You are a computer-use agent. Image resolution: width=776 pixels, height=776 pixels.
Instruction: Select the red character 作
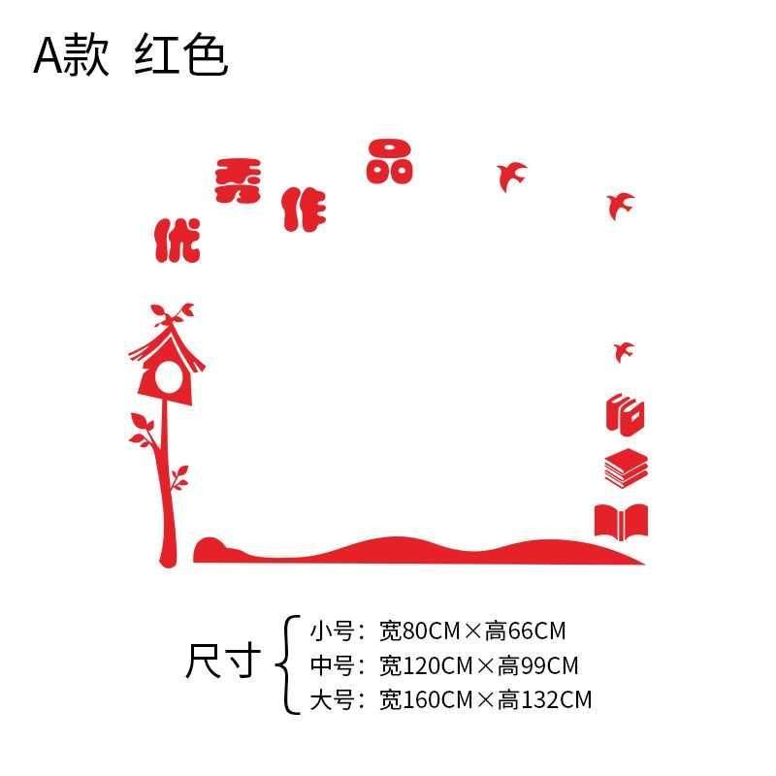point(305,209)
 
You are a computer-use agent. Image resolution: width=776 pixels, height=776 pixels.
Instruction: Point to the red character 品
point(390,161)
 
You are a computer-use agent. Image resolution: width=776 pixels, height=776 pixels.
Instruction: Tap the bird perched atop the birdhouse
point(176,312)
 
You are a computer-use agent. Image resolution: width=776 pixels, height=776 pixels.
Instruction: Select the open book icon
point(621,521)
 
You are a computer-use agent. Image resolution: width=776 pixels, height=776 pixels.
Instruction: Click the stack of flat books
point(626,469)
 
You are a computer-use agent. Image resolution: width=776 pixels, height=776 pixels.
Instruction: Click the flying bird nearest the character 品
point(511,176)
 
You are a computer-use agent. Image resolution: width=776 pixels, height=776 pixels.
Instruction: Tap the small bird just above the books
point(623,349)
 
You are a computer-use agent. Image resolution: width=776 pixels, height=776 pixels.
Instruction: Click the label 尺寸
point(223,663)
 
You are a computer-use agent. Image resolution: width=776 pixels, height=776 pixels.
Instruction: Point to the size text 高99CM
point(538,665)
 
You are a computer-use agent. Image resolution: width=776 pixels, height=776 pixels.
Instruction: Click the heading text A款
point(72,56)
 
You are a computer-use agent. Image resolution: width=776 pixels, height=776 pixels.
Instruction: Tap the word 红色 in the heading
point(181,56)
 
